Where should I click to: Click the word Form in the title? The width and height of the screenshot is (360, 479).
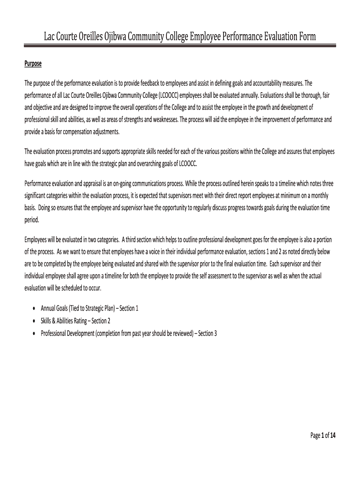pos(305,36)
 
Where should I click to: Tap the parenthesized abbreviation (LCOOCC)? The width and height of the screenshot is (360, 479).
pos(169,95)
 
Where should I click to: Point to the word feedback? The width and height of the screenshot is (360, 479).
pos(148,83)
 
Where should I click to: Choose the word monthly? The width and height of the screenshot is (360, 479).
pos(323,195)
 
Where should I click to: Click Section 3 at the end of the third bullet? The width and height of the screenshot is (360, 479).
pos(207,333)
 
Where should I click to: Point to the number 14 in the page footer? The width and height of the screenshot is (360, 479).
pos(332,436)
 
